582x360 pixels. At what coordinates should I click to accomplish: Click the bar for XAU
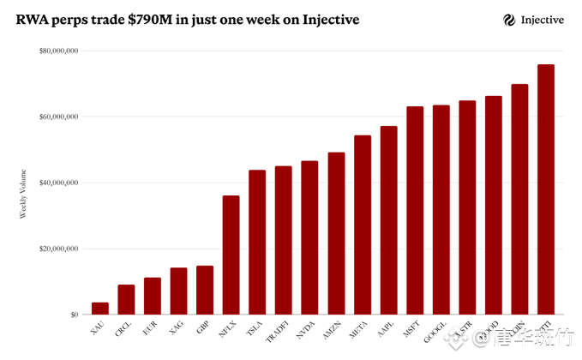click(100, 309)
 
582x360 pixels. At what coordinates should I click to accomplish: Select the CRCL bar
click(126, 299)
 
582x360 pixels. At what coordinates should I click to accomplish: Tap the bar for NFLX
click(231, 255)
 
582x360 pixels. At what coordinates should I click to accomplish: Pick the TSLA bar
click(257, 242)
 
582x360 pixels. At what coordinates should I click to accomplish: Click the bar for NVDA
click(309, 237)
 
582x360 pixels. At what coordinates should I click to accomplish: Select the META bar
click(363, 225)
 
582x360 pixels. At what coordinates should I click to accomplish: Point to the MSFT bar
click(415, 210)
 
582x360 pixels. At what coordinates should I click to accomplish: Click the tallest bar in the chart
click(546, 189)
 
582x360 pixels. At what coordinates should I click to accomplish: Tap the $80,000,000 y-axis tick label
click(59, 51)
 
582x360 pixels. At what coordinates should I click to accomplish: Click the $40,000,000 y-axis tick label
click(59, 183)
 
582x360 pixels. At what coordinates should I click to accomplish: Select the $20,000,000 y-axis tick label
click(59, 249)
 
